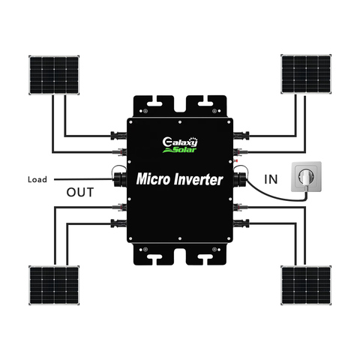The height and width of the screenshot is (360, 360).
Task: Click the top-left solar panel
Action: [54, 75]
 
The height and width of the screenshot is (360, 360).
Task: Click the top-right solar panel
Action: [306, 74]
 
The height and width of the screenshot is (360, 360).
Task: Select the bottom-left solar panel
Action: [54, 285]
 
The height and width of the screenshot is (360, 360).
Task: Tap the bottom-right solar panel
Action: [306, 285]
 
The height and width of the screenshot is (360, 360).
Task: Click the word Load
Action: [37, 179]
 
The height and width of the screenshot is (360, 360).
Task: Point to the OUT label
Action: [80, 192]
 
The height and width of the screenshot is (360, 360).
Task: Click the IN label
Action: [271, 179]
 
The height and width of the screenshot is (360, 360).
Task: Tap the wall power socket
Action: [306, 177]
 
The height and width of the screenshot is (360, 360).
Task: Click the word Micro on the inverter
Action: [153, 179]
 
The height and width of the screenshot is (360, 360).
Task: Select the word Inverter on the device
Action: [198, 179]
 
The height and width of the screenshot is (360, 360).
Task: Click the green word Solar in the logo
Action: [185, 150]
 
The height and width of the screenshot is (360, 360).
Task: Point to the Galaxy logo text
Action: [180, 142]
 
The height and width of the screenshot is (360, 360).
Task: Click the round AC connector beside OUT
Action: [120, 179]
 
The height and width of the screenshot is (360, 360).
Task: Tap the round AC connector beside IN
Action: [239, 179]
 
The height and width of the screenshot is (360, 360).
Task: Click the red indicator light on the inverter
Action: [235, 160]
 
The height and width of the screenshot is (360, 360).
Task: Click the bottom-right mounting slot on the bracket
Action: [205, 258]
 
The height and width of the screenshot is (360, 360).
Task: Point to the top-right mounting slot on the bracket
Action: [205, 103]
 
